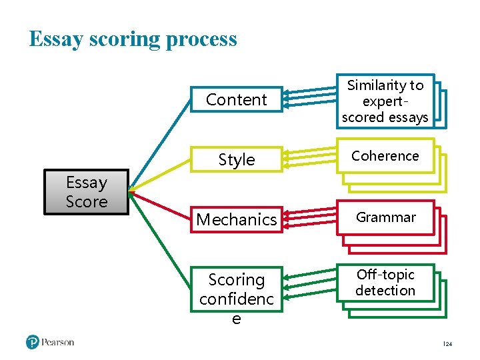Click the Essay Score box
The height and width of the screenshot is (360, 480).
86,192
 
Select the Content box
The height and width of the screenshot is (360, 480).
236,100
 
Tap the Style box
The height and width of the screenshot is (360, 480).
236,160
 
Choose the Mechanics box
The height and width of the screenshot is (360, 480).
236,219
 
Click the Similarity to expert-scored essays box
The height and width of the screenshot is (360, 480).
385,101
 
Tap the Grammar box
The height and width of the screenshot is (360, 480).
385,217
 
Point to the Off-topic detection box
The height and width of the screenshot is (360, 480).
385,283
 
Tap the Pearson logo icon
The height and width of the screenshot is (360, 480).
33,342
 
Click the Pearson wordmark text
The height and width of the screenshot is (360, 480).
58,342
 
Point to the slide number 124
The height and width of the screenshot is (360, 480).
447,344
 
